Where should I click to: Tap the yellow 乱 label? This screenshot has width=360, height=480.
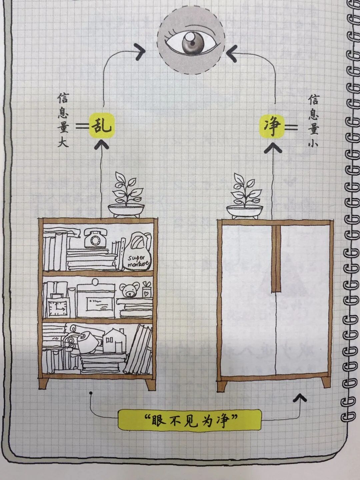(102, 126)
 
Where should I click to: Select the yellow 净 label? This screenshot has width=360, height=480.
(272, 126)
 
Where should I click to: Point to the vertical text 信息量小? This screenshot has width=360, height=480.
(313, 120)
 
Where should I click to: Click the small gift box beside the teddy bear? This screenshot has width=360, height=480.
(146, 290)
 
